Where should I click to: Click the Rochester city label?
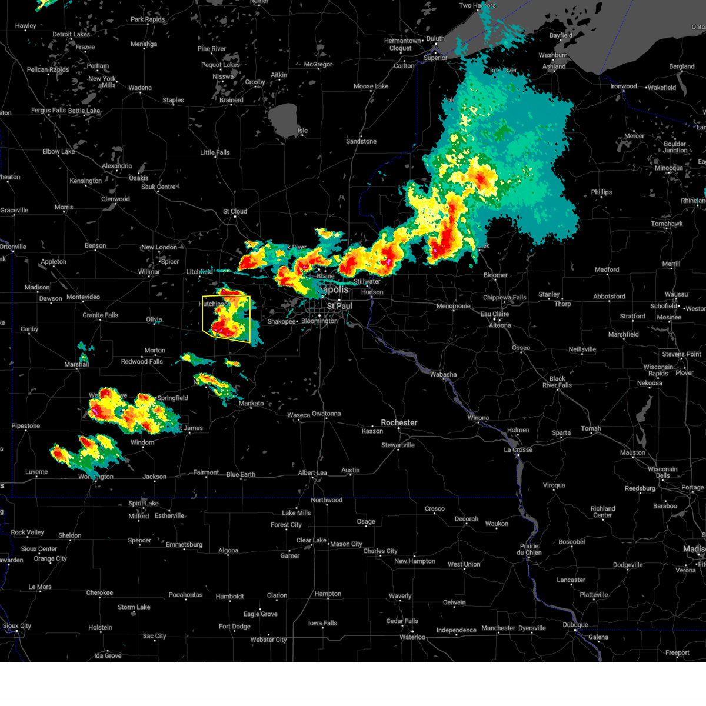(x=399, y=422)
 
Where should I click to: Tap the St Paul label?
(x=339, y=306)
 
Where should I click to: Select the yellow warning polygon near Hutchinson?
(x=227, y=318)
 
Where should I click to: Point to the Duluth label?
(x=435, y=39)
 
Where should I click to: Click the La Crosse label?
(x=518, y=449)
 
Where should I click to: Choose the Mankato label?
(x=251, y=403)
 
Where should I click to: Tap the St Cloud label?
(x=235, y=211)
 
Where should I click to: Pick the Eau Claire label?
(x=495, y=314)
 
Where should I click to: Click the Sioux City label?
(x=17, y=626)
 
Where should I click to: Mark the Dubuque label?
(x=575, y=625)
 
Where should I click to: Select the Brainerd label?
(x=231, y=100)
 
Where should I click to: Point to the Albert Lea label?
(x=312, y=473)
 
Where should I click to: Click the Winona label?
(x=478, y=418)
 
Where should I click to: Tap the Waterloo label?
(x=412, y=637)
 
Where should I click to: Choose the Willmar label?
(x=149, y=272)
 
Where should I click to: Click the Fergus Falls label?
(x=49, y=111)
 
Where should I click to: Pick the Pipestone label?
(x=26, y=426)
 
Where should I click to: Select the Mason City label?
(x=346, y=544)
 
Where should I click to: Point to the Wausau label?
(x=677, y=294)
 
